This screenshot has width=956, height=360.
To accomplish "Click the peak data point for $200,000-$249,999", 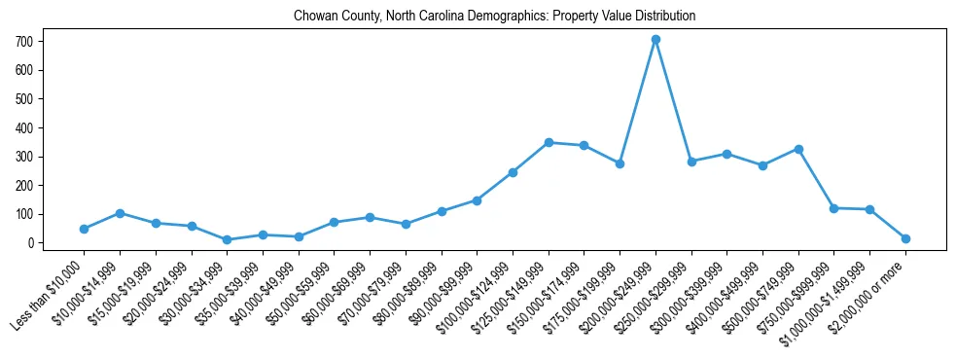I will click(x=655, y=40).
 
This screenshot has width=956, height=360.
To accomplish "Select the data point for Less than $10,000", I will click(x=85, y=229).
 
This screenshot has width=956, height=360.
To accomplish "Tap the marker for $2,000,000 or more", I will click(x=905, y=238).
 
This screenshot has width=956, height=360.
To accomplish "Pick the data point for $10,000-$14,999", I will click(x=120, y=213).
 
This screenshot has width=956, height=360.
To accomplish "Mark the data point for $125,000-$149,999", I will click(x=549, y=142).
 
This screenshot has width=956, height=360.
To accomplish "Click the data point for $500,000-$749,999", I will click(x=798, y=149).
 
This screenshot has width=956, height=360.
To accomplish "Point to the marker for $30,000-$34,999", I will click(x=227, y=239).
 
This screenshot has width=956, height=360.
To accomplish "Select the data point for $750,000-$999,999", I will click(x=833, y=208).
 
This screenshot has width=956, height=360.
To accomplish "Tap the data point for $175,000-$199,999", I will click(x=620, y=163).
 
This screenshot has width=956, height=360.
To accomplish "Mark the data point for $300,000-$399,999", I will click(x=726, y=154).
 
